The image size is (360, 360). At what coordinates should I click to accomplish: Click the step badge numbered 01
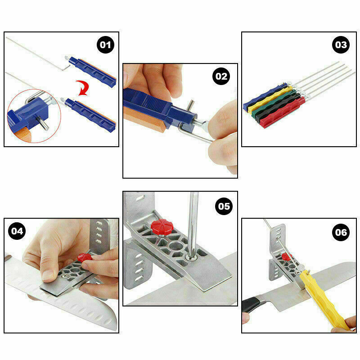pyautogui.click(x=105, y=45)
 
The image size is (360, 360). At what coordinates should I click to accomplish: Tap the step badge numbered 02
pyautogui.click(x=221, y=76)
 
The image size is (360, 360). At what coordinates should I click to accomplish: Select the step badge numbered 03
pyautogui.click(x=341, y=45)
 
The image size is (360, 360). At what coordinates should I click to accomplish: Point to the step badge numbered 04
pyautogui.click(x=17, y=231)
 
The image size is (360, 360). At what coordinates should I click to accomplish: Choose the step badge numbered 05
pyautogui.click(x=224, y=206)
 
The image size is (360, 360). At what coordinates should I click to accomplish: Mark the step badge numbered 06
pyautogui.click(x=341, y=232)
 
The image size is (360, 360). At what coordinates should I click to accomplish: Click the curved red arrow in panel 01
pyautogui.click(x=83, y=88)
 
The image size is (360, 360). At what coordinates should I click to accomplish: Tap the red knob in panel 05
pyautogui.click(x=162, y=227)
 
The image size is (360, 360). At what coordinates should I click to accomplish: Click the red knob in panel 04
pyautogui.click(x=85, y=257)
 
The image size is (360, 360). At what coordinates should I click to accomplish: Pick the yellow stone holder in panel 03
pyautogui.click(x=270, y=99)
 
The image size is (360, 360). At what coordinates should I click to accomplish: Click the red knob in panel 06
pyautogui.click(x=286, y=256)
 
